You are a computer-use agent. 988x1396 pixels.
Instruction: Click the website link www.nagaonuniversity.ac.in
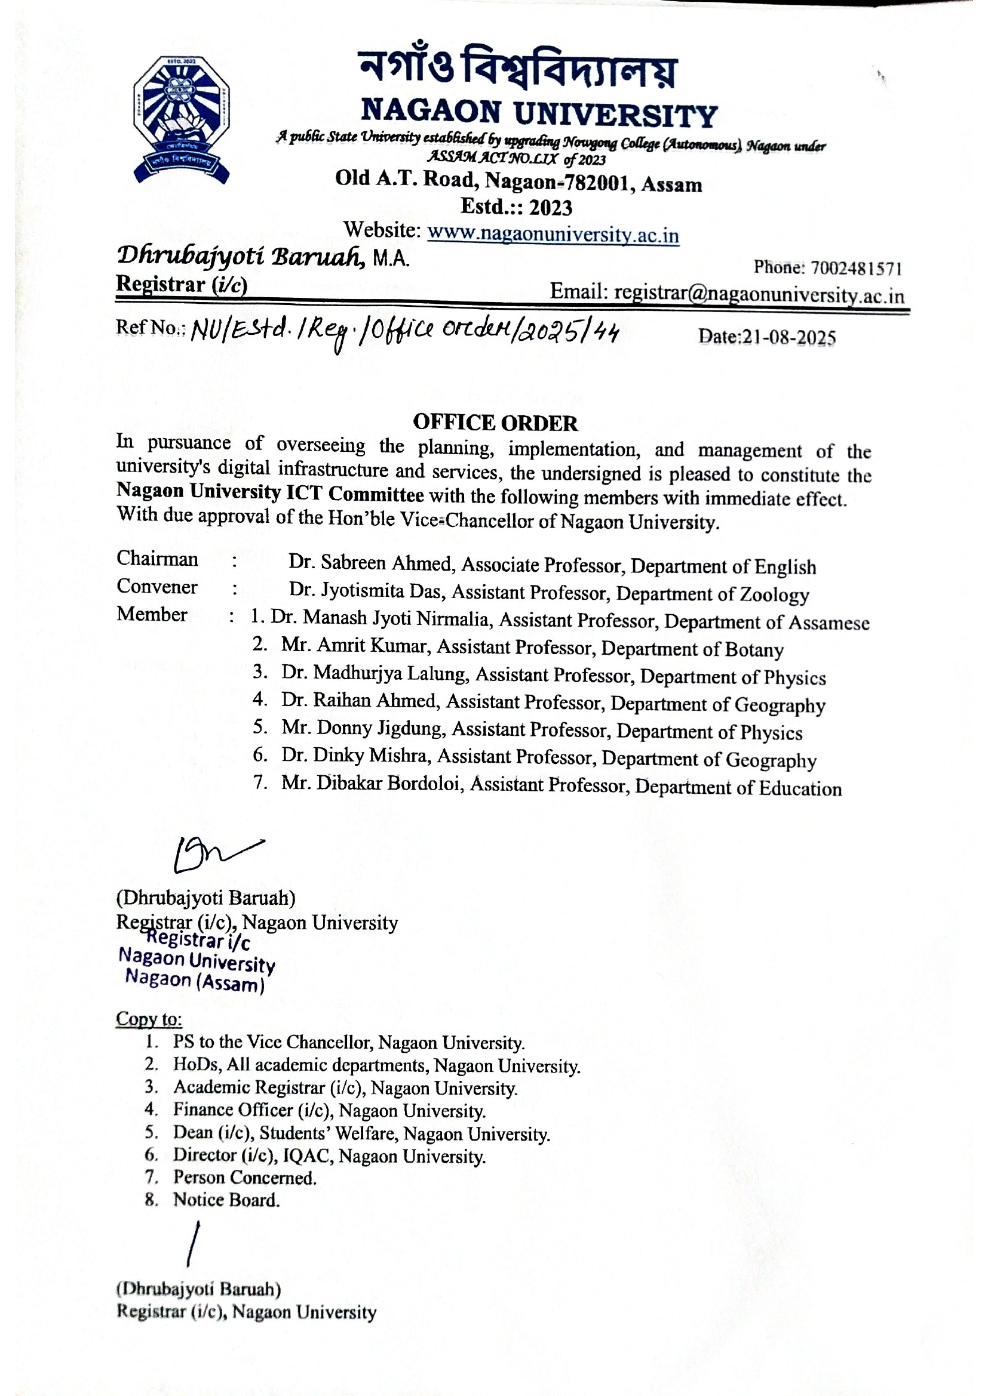(x=553, y=233)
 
